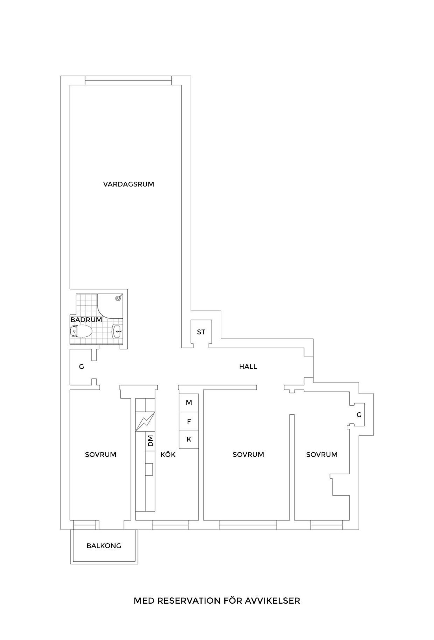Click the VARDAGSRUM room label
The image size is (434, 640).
[x=129, y=184]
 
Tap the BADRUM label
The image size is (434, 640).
[x=86, y=320]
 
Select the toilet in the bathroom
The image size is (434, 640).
[x=81, y=331]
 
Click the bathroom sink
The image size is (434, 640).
[x=118, y=331]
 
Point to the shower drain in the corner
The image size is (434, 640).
[x=119, y=298]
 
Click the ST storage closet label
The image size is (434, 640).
[x=201, y=332]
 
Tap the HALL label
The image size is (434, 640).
[x=248, y=367]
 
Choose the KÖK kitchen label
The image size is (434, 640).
[x=168, y=454]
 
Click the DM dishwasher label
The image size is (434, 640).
[x=150, y=441]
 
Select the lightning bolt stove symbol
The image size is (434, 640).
[x=145, y=422]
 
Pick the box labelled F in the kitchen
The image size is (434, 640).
[x=189, y=421]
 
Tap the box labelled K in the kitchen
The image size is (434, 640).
[x=189, y=439]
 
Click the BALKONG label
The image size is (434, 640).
[x=104, y=546]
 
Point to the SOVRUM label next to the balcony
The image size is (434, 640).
[x=101, y=455]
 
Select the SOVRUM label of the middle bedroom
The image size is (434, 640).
[x=248, y=455]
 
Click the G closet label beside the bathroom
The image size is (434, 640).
[x=81, y=367]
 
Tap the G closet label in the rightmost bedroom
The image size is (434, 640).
[x=359, y=415]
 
